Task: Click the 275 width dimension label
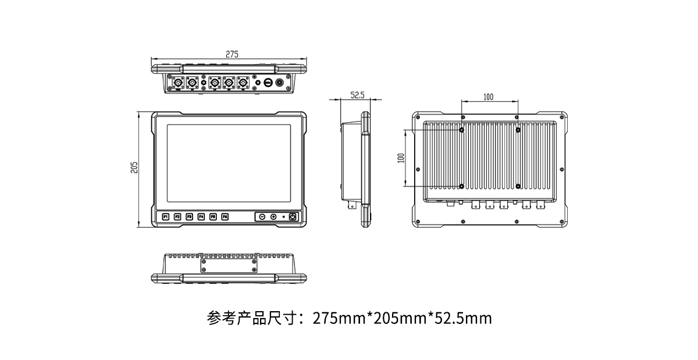232,54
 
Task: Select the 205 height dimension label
134,167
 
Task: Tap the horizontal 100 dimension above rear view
488,97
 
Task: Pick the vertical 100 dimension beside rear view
400,158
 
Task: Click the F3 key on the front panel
189,217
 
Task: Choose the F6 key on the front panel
225,217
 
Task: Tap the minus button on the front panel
262,217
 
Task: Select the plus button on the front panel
273,217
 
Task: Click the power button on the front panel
293,217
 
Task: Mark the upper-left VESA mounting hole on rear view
462,130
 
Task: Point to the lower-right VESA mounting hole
518,186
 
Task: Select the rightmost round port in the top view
281,83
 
